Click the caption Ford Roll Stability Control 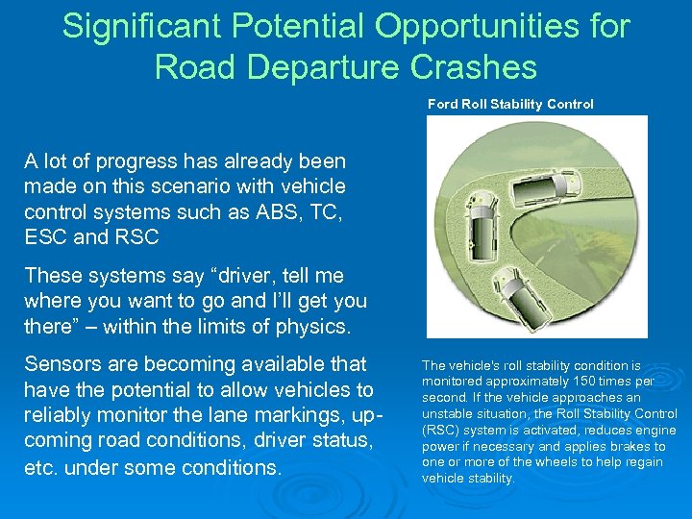click(x=510, y=104)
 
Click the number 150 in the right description click(x=575, y=382)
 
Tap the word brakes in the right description click(x=633, y=446)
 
